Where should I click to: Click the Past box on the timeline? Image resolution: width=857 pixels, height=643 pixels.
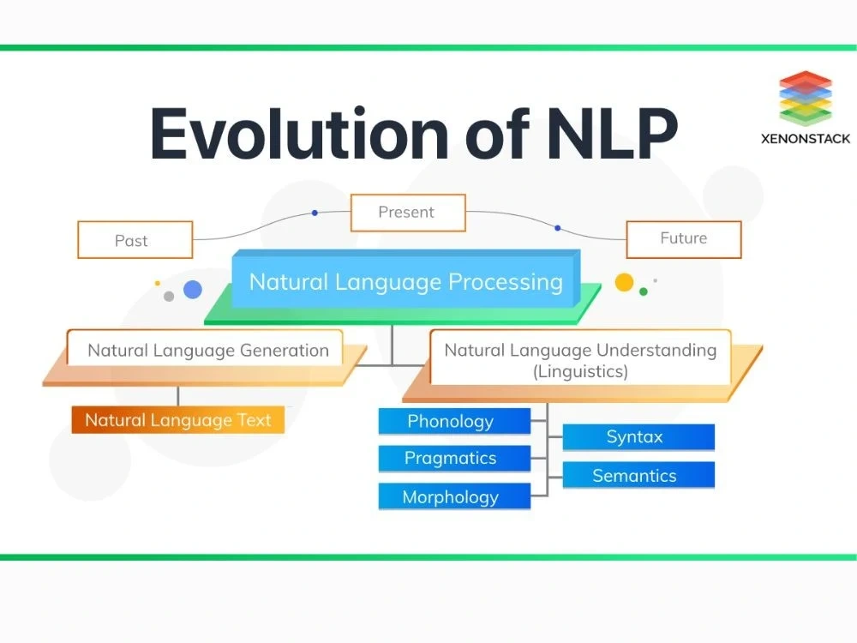(135, 240)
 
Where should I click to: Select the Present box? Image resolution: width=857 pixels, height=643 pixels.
(407, 213)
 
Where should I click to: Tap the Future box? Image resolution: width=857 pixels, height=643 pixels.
(683, 239)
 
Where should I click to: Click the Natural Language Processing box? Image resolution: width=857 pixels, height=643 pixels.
(405, 281)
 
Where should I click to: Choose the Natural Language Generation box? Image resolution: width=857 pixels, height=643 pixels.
(207, 350)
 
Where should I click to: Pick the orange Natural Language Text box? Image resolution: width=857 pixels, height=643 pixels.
(177, 420)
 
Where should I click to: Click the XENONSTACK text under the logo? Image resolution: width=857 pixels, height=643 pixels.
(806, 137)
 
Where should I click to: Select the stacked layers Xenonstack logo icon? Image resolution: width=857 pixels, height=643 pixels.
(806, 96)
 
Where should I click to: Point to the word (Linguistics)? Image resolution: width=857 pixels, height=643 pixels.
(579, 371)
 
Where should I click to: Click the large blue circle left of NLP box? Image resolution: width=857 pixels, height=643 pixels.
(193, 289)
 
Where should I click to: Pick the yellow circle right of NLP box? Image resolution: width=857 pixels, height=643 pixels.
(624, 282)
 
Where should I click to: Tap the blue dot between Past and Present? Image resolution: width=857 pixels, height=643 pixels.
(315, 212)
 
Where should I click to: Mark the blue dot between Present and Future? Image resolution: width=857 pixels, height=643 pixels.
(557, 228)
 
